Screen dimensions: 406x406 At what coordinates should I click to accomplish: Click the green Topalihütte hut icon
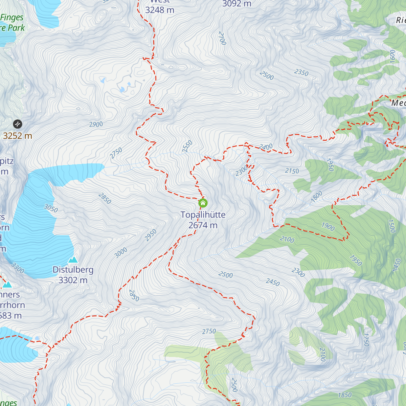pos(203,203)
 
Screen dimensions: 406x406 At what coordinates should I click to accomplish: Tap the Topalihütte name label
pos(203,215)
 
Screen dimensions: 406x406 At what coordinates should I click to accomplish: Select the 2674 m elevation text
pos(203,225)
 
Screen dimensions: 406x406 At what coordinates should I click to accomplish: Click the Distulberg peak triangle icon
pos(73,260)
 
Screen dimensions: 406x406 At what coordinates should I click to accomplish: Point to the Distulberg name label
pos(73,270)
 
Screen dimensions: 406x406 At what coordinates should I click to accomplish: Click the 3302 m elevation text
pos(73,280)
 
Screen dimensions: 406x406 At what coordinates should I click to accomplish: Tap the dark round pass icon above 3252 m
pos(17,124)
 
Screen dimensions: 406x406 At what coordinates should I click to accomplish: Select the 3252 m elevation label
pos(17,136)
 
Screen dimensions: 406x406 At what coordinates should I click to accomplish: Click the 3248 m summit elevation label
pos(160,10)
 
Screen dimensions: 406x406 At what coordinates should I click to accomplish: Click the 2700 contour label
pos(222,38)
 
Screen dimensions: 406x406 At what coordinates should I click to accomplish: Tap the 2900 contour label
pos(96,125)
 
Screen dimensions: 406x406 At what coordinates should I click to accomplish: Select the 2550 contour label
pos(187,146)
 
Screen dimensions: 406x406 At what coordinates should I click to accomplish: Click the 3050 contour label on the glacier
pos(51,208)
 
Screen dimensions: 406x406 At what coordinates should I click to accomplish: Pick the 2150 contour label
pos(292,171)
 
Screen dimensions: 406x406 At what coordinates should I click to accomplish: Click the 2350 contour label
pos(301,72)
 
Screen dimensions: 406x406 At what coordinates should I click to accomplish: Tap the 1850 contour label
pos(345,395)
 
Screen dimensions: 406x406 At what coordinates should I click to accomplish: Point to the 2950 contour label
pos(151,235)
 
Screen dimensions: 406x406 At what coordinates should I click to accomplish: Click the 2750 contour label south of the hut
pos(209,332)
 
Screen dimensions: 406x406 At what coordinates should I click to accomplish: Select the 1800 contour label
pos(317,197)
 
